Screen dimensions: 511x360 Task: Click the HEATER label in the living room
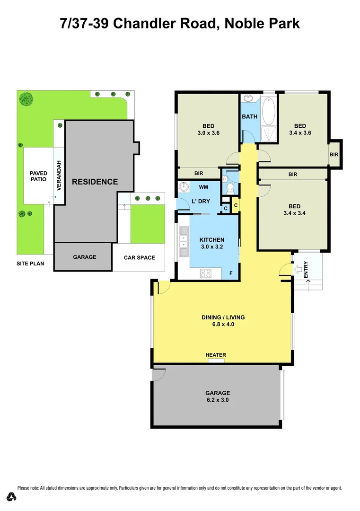pyautogui.click(x=216, y=355)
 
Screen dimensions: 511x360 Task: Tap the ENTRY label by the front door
pyautogui.click(x=306, y=270)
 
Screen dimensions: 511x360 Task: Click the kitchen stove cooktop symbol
pyautogui.click(x=206, y=273)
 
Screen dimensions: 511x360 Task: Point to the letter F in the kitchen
pyautogui.click(x=231, y=273)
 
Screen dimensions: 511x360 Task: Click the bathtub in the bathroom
pyautogui.click(x=268, y=110)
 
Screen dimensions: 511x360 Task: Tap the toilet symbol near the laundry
pyautogui.click(x=230, y=188)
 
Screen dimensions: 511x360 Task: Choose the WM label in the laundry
pyautogui.click(x=204, y=187)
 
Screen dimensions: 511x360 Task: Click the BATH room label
pyautogui.click(x=249, y=116)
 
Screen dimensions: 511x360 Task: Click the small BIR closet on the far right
pyautogui.click(x=334, y=154)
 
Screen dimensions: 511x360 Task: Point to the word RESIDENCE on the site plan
pyautogui.click(x=95, y=182)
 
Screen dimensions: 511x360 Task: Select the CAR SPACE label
pyautogui.click(x=139, y=257)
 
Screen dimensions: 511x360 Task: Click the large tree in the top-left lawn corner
pyautogui.click(x=26, y=98)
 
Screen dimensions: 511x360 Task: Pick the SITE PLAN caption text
pyautogui.click(x=30, y=263)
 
